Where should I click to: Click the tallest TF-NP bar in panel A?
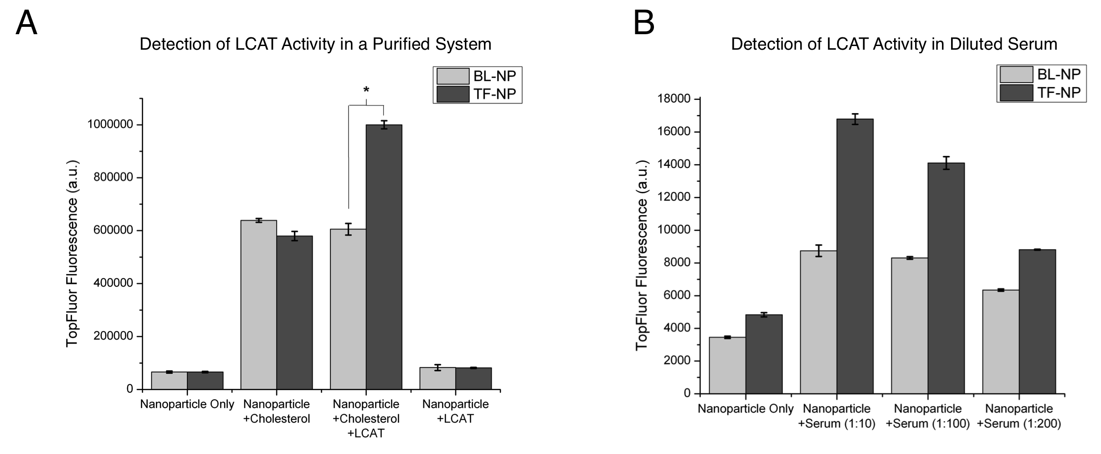384,257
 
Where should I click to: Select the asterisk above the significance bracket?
366,90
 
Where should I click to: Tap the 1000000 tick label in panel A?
110,125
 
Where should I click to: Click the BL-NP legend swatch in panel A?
453,76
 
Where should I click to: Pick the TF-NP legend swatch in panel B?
1016,93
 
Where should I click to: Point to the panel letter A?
26,23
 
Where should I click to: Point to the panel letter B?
644,23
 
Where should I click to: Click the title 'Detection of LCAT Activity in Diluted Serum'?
894,44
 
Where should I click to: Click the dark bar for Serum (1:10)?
855,256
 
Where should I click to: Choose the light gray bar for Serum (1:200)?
1001,342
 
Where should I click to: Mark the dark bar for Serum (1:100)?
946,278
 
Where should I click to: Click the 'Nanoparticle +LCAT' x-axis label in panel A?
455,411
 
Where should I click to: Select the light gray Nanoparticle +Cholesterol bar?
258,305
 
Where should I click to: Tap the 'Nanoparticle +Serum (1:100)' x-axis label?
928,416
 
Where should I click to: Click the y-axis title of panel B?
642,255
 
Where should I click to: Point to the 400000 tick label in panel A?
113,284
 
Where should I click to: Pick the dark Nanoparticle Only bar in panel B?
764,354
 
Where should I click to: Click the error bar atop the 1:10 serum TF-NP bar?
855,119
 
